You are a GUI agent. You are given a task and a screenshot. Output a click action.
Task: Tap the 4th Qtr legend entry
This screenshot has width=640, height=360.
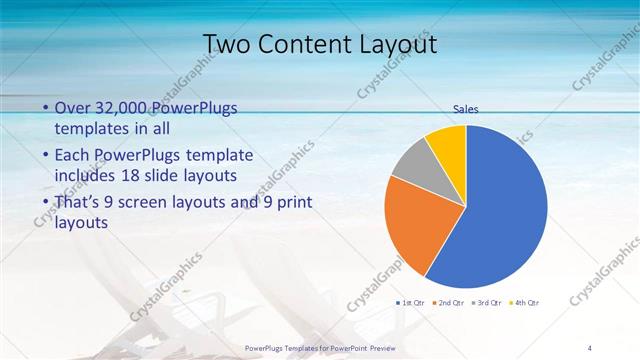click(x=526, y=302)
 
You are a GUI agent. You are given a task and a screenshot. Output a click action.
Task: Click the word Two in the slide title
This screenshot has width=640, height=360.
click(x=226, y=45)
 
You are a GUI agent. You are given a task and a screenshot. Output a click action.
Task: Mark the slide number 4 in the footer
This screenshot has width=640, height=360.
click(x=590, y=347)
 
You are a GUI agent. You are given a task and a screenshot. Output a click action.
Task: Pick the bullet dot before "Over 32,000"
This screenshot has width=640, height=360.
click(x=45, y=108)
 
